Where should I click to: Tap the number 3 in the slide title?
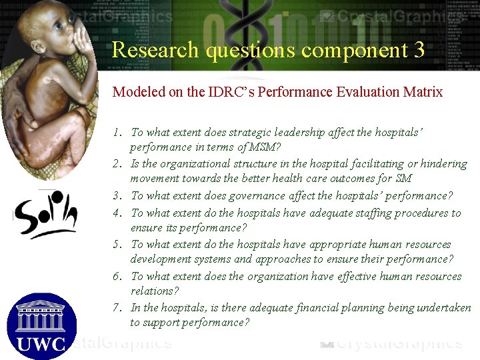coord(418,50)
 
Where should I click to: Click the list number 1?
coord(116,133)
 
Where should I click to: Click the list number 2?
coord(116,164)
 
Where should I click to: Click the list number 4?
coord(116,213)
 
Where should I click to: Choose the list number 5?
coord(116,245)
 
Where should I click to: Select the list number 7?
coord(116,308)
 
